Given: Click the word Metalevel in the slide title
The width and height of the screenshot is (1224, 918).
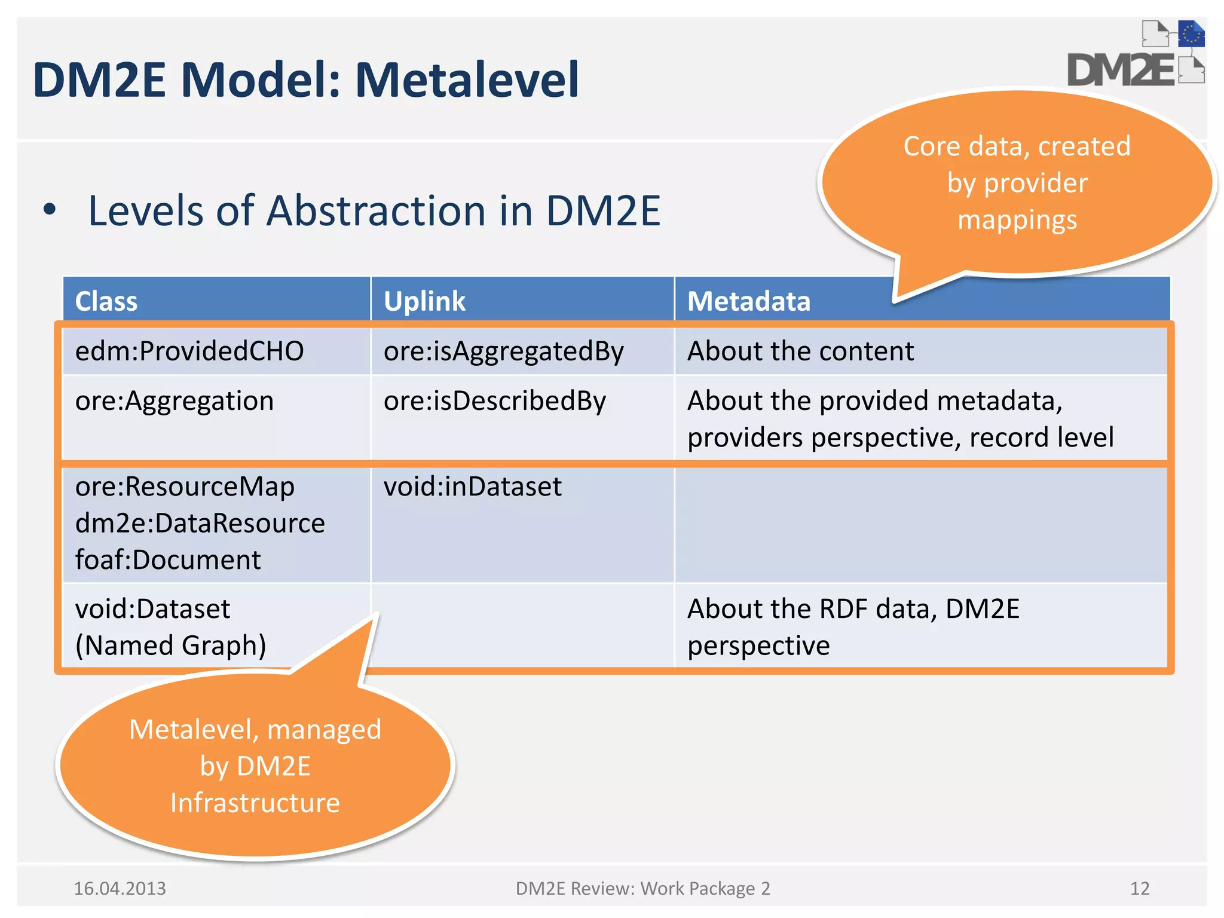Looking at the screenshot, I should pos(467,79).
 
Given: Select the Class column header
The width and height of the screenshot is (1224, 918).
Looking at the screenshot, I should pos(106,301).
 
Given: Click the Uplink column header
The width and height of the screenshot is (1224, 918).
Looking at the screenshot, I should pos(424,301).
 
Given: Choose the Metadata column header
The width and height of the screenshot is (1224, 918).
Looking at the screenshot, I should pos(748,301).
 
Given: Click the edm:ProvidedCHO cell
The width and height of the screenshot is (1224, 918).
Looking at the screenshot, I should pos(189,351).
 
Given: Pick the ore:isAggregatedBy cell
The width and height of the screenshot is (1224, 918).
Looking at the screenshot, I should pos(503,351).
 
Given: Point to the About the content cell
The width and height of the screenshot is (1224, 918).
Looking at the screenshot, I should pos(800,351).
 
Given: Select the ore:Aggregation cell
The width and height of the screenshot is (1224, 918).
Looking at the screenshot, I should pos(175,401).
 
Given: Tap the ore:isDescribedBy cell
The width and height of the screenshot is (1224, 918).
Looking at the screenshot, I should pos(494,401).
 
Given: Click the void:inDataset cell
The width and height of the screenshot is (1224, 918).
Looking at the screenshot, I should pos(472,486).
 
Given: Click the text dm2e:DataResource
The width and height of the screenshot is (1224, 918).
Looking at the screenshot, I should pos(200,524).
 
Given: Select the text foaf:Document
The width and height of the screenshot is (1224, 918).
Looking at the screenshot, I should pos(168,560).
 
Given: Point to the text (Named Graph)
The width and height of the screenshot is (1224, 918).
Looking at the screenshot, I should pos(171,645).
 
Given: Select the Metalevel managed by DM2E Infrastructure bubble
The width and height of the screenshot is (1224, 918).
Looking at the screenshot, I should pos(255,766).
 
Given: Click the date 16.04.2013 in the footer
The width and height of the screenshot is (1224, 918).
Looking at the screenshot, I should pos(120,888).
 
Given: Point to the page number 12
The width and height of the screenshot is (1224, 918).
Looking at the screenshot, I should pos(1139,888).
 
